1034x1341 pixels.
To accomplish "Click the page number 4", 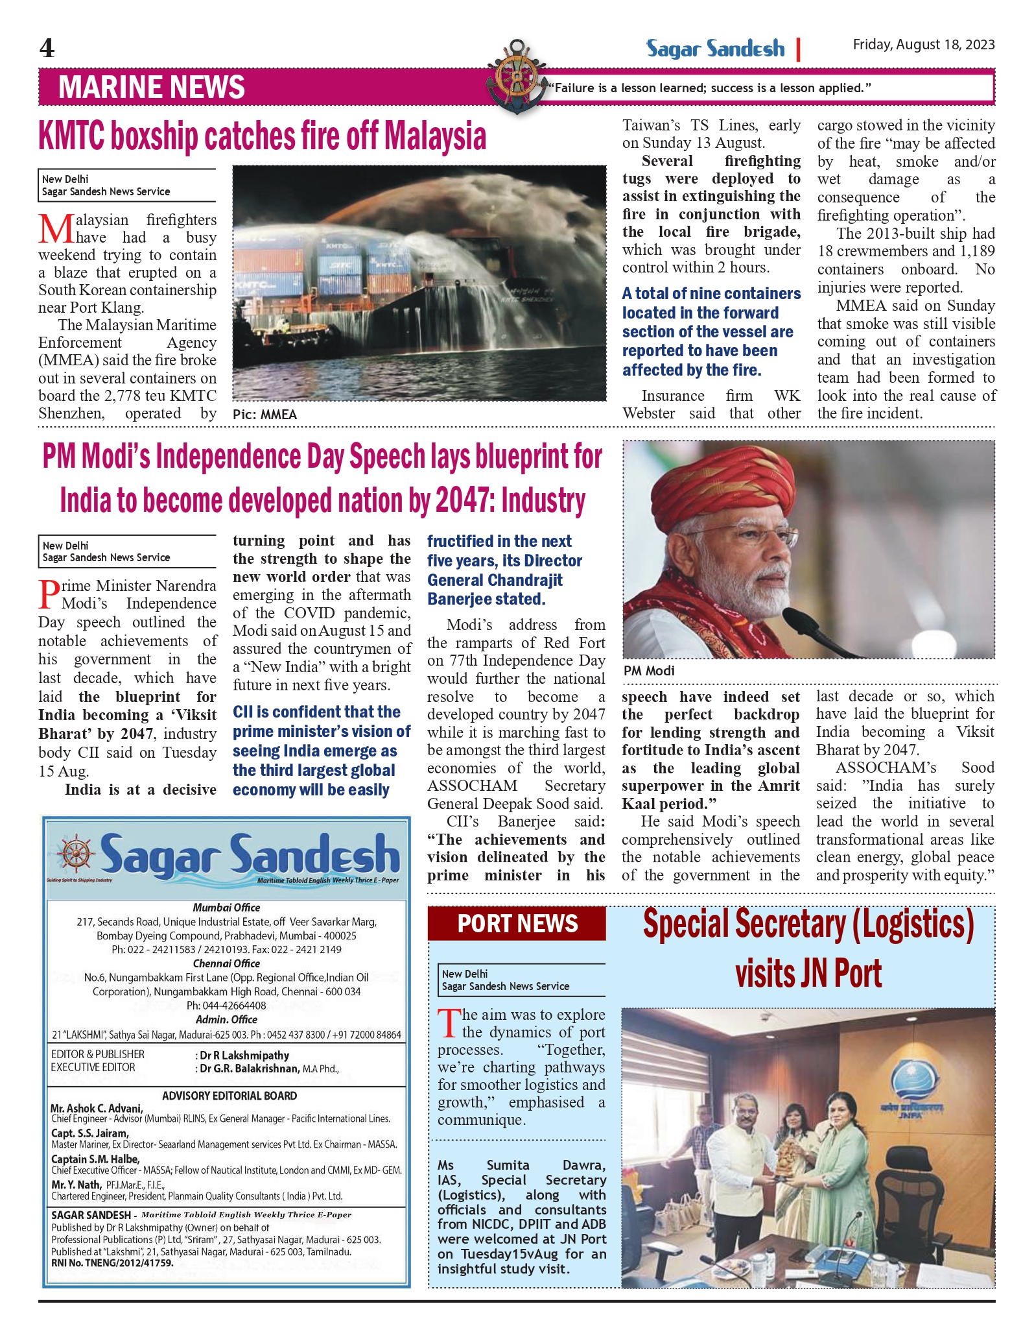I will [47, 49].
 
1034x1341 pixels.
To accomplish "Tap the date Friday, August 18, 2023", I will [923, 45].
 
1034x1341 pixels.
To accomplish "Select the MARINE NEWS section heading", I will [152, 88].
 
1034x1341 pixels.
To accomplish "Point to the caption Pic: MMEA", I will [264, 415].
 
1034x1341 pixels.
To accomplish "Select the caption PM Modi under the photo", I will [649, 671].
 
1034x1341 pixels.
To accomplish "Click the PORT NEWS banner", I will [517, 924].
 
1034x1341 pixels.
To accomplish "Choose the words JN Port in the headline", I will [808, 974].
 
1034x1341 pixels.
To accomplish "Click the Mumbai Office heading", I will [226, 908].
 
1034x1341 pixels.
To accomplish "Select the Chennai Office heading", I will [226, 963].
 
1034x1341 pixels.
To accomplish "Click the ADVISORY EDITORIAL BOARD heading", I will [229, 1096].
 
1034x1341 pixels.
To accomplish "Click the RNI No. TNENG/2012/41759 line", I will [112, 1263].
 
